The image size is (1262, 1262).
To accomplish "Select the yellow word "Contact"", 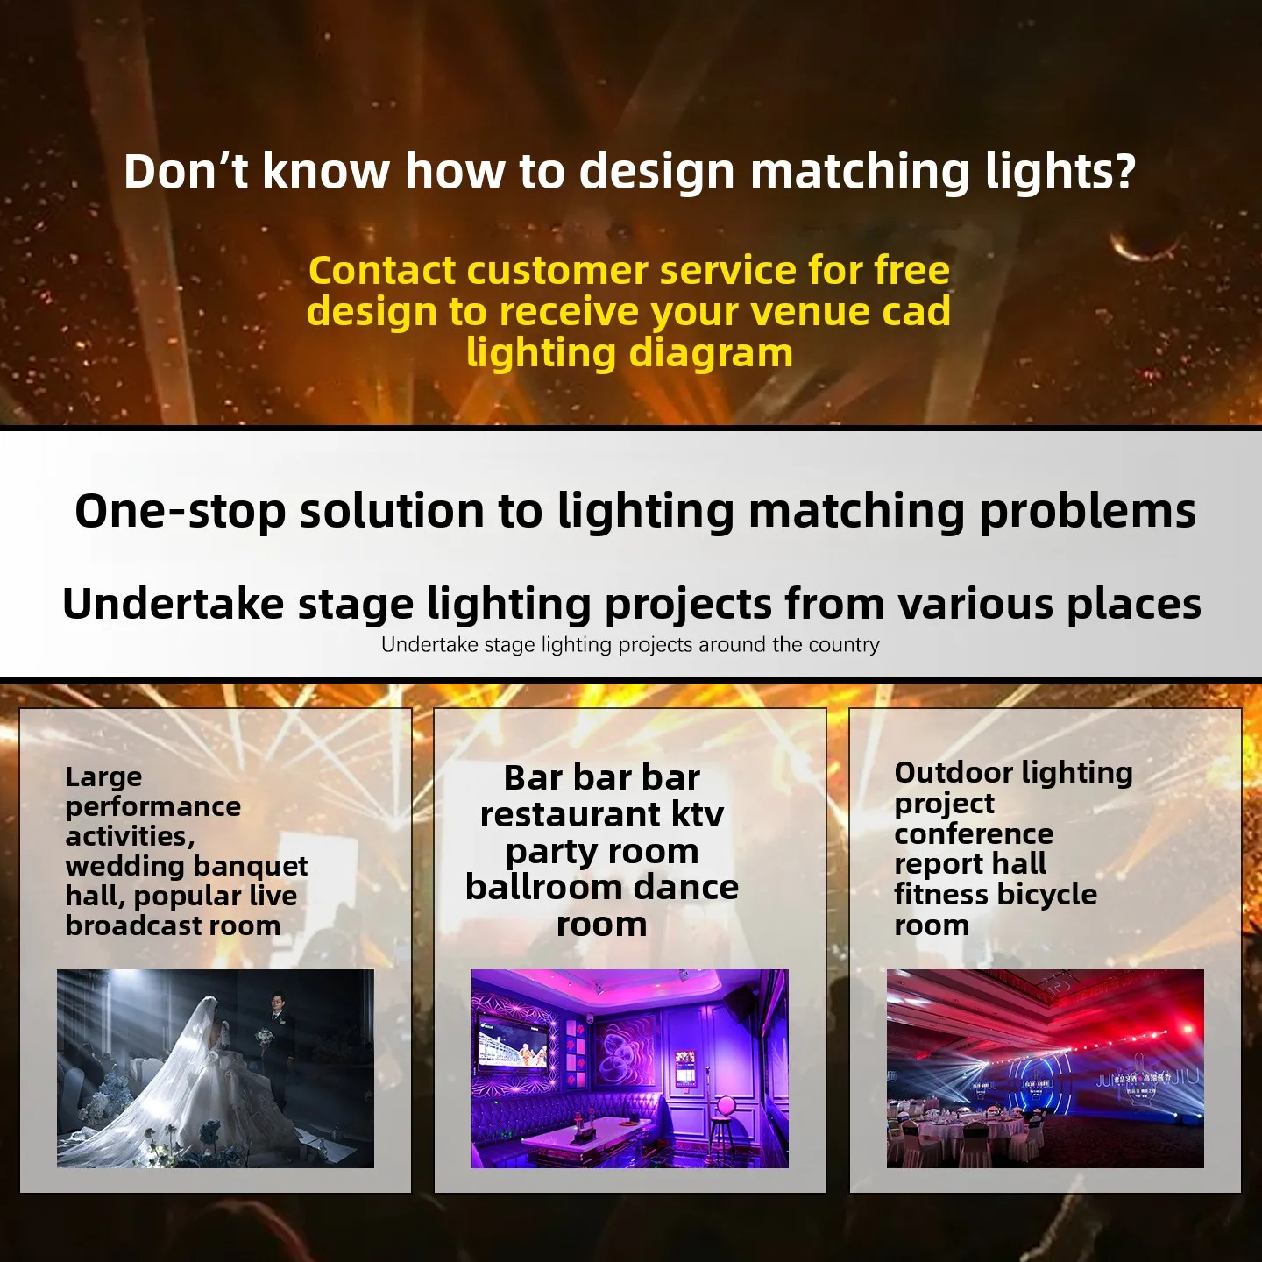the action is coord(382,271).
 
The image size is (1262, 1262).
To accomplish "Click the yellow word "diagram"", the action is coord(711,354).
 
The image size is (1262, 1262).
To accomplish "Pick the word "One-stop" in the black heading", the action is coord(181,512).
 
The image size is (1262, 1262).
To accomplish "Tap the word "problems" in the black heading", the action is coord(1087,512).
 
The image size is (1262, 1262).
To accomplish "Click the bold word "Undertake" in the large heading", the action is coord(173,604).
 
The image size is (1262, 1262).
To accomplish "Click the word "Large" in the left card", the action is coord(103,777).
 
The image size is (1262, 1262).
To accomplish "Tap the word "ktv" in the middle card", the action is coord(698,815).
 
